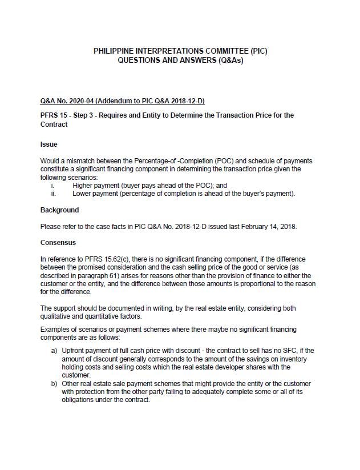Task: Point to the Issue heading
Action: click(x=48, y=144)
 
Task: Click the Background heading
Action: click(x=59, y=210)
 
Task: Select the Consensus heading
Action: click(x=58, y=243)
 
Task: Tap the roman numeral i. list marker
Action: click(x=53, y=185)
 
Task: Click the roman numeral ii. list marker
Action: click(x=53, y=193)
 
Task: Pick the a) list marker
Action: click(x=55, y=350)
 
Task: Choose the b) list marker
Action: click(x=55, y=384)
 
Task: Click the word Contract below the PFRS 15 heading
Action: click(x=54, y=124)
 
